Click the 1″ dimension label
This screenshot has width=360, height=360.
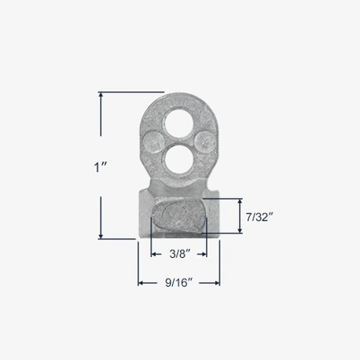(101, 167)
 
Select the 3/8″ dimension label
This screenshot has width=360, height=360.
(179, 254)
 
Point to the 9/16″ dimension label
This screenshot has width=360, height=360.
(179, 283)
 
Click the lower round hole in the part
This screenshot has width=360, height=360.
(179, 159)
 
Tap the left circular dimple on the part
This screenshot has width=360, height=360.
(154, 142)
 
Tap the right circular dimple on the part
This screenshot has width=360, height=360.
(204, 142)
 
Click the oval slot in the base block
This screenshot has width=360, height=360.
(179, 215)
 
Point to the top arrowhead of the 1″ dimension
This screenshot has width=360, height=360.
(101, 95)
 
